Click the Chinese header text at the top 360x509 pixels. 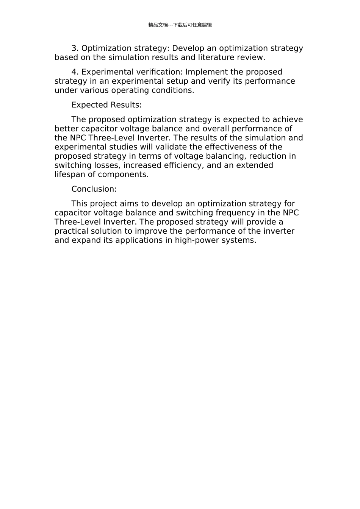click(180, 25)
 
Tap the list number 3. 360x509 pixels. click(75, 48)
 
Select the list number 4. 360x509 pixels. click(75, 72)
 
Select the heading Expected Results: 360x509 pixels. click(106, 105)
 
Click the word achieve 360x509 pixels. click(288, 120)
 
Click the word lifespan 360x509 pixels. click(70, 175)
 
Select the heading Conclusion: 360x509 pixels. click(94, 189)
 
